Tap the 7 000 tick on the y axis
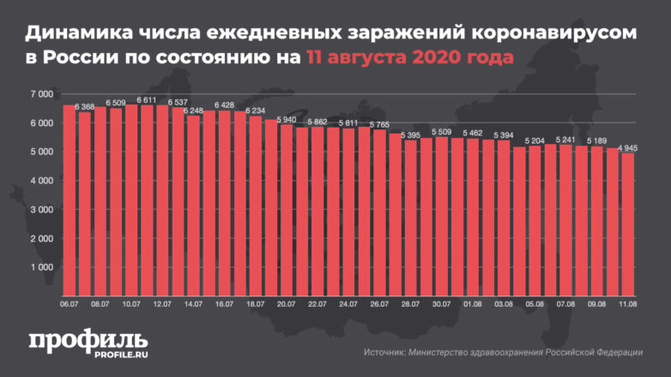point(40,93)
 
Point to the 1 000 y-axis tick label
point(40,267)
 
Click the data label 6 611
point(147,100)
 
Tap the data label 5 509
point(442,132)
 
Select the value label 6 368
point(84,107)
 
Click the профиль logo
point(88,338)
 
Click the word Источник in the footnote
point(384,352)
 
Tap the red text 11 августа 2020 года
point(404,59)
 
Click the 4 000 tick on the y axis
point(40,181)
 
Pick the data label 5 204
point(535,141)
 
